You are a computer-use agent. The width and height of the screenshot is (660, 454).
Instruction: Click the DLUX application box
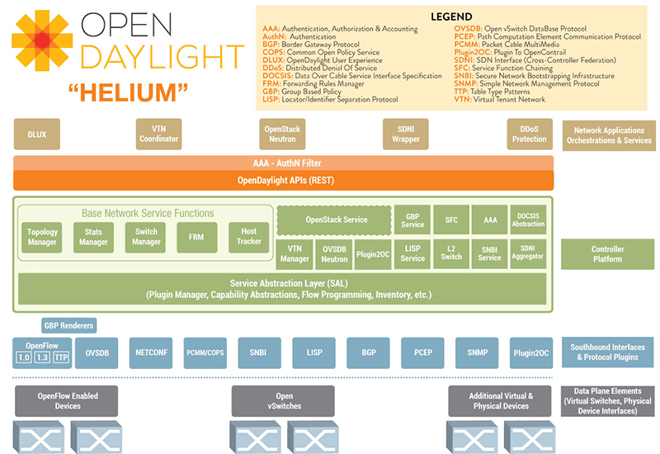[36, 134]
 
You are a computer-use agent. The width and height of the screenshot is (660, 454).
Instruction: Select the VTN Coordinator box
[158, 134]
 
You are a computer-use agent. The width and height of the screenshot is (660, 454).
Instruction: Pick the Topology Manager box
[42, 238]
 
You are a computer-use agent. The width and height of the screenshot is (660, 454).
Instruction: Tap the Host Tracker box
[248, 237]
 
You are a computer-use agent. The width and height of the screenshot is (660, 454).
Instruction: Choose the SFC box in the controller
[451, 220]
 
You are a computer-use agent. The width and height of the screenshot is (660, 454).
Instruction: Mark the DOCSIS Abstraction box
[528, 220]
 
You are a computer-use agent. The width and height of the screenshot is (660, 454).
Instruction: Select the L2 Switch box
[451, 253]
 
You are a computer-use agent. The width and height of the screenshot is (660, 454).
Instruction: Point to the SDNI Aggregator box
[528, 253]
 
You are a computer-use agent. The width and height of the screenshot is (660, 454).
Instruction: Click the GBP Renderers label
[68, 325]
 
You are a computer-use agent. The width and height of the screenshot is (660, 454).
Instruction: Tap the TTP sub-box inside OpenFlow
[61, 358]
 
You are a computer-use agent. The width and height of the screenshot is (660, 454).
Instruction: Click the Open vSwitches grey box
[284, 401]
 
